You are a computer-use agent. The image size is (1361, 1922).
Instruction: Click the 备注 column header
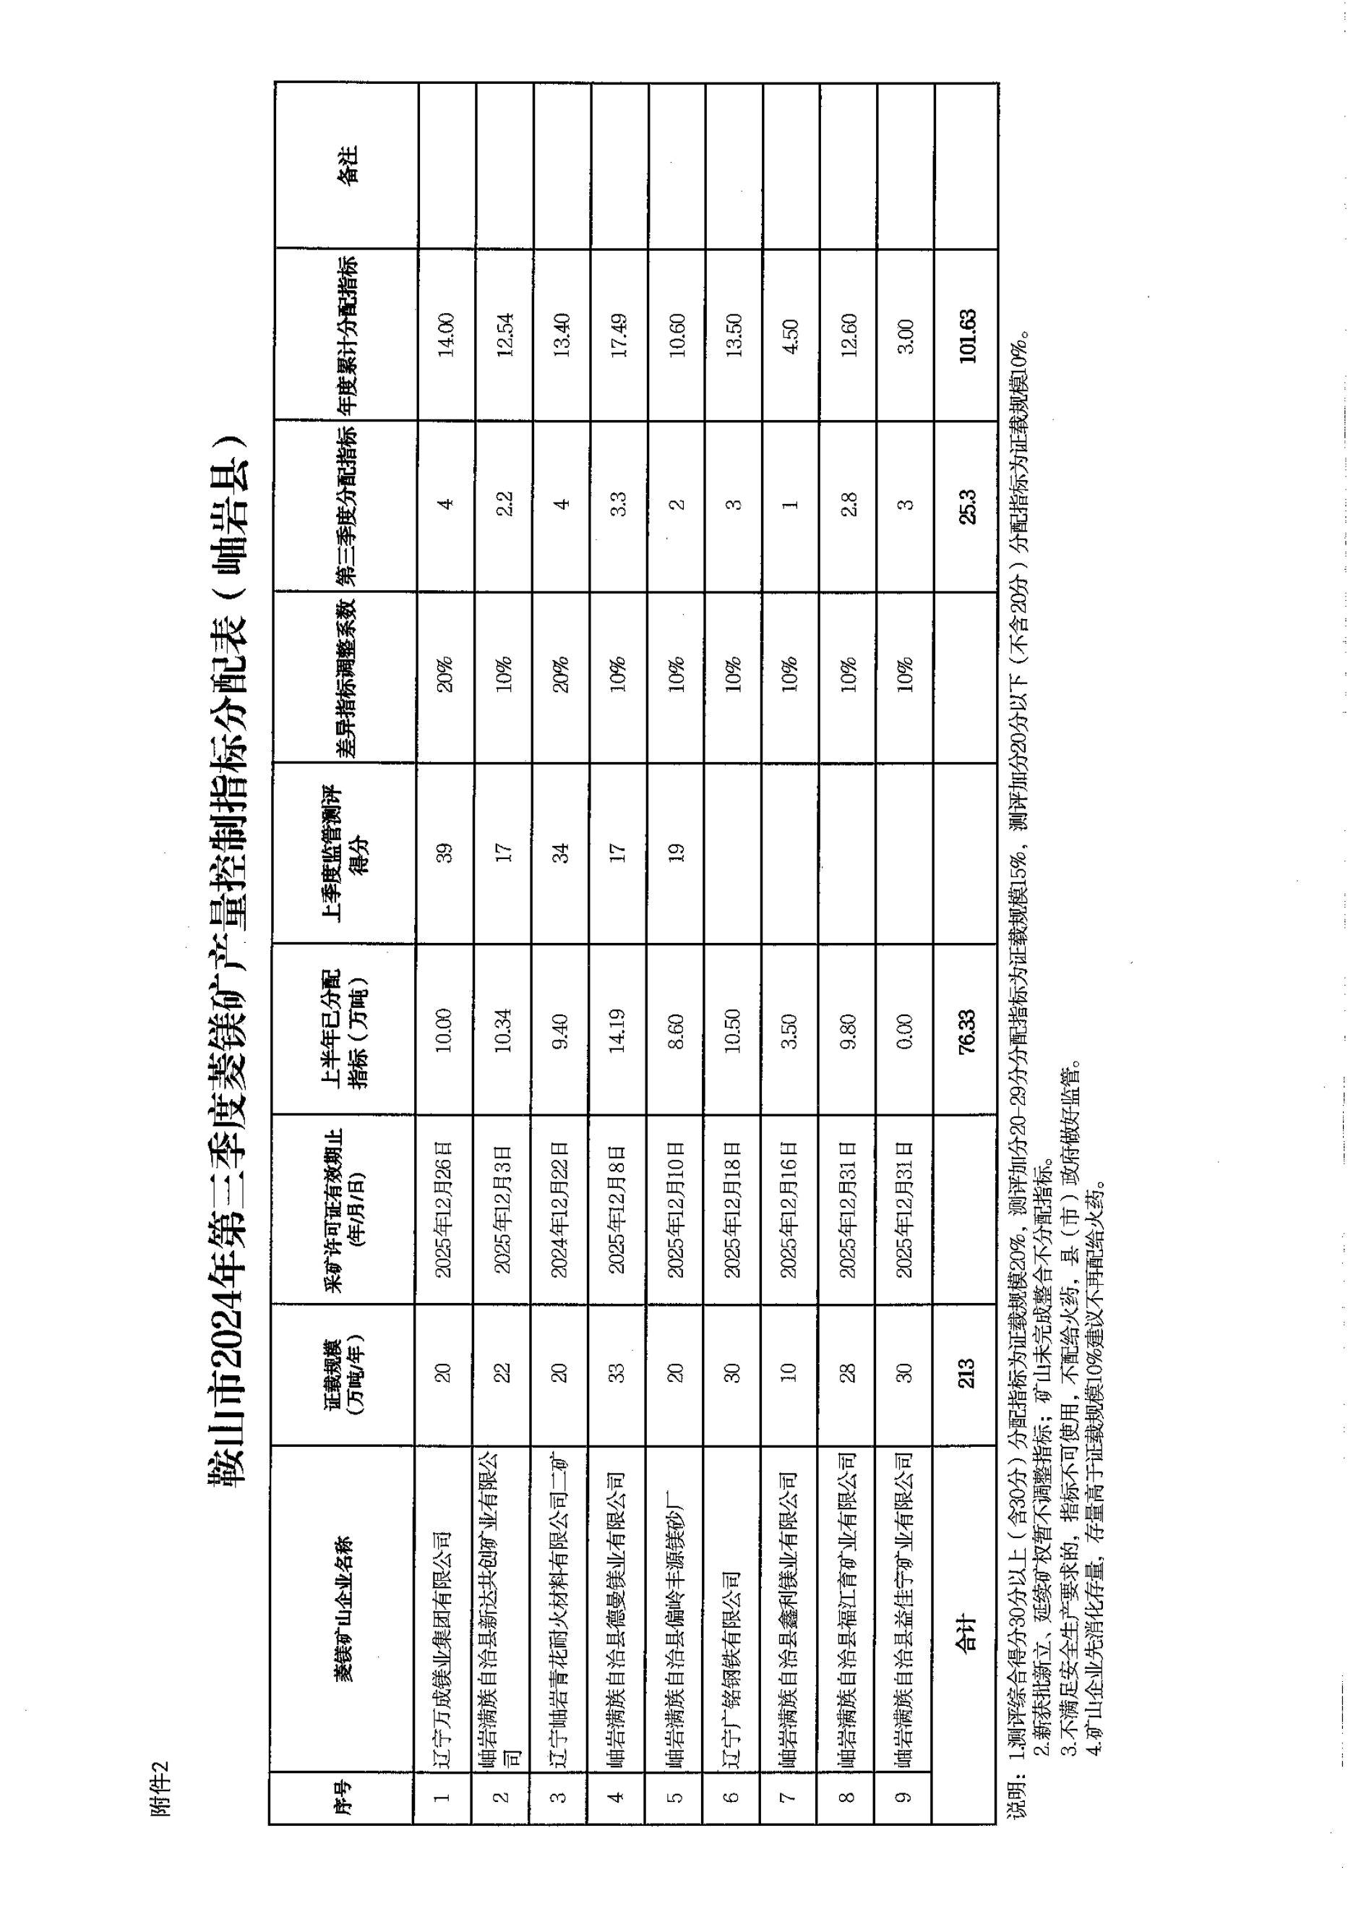pyautogui.click(x=346, y=164)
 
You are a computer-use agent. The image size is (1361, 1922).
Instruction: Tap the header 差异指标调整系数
pyautogui.click(x=346, y=678)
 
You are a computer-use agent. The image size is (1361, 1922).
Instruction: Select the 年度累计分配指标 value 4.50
pyautogui.click(x=790, y=336)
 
